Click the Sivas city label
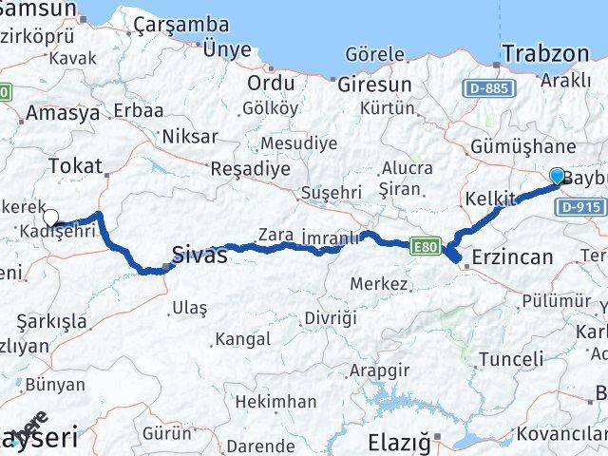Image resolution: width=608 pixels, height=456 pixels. click(199, 255)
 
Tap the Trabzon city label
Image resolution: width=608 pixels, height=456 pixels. click(545, 53)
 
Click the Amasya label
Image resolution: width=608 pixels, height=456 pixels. click(64, 113)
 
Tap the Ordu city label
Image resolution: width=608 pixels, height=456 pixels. click(270, 83)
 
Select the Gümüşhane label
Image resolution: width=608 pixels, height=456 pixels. click(523, 146)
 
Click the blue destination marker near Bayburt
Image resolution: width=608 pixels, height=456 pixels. click(557, 175)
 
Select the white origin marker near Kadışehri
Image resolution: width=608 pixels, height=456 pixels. click(50, 218)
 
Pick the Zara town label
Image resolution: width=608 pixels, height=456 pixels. click(275, 235)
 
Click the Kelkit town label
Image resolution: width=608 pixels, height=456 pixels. click(491, 198)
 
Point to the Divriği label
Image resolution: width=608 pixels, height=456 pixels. click(328, 317)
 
